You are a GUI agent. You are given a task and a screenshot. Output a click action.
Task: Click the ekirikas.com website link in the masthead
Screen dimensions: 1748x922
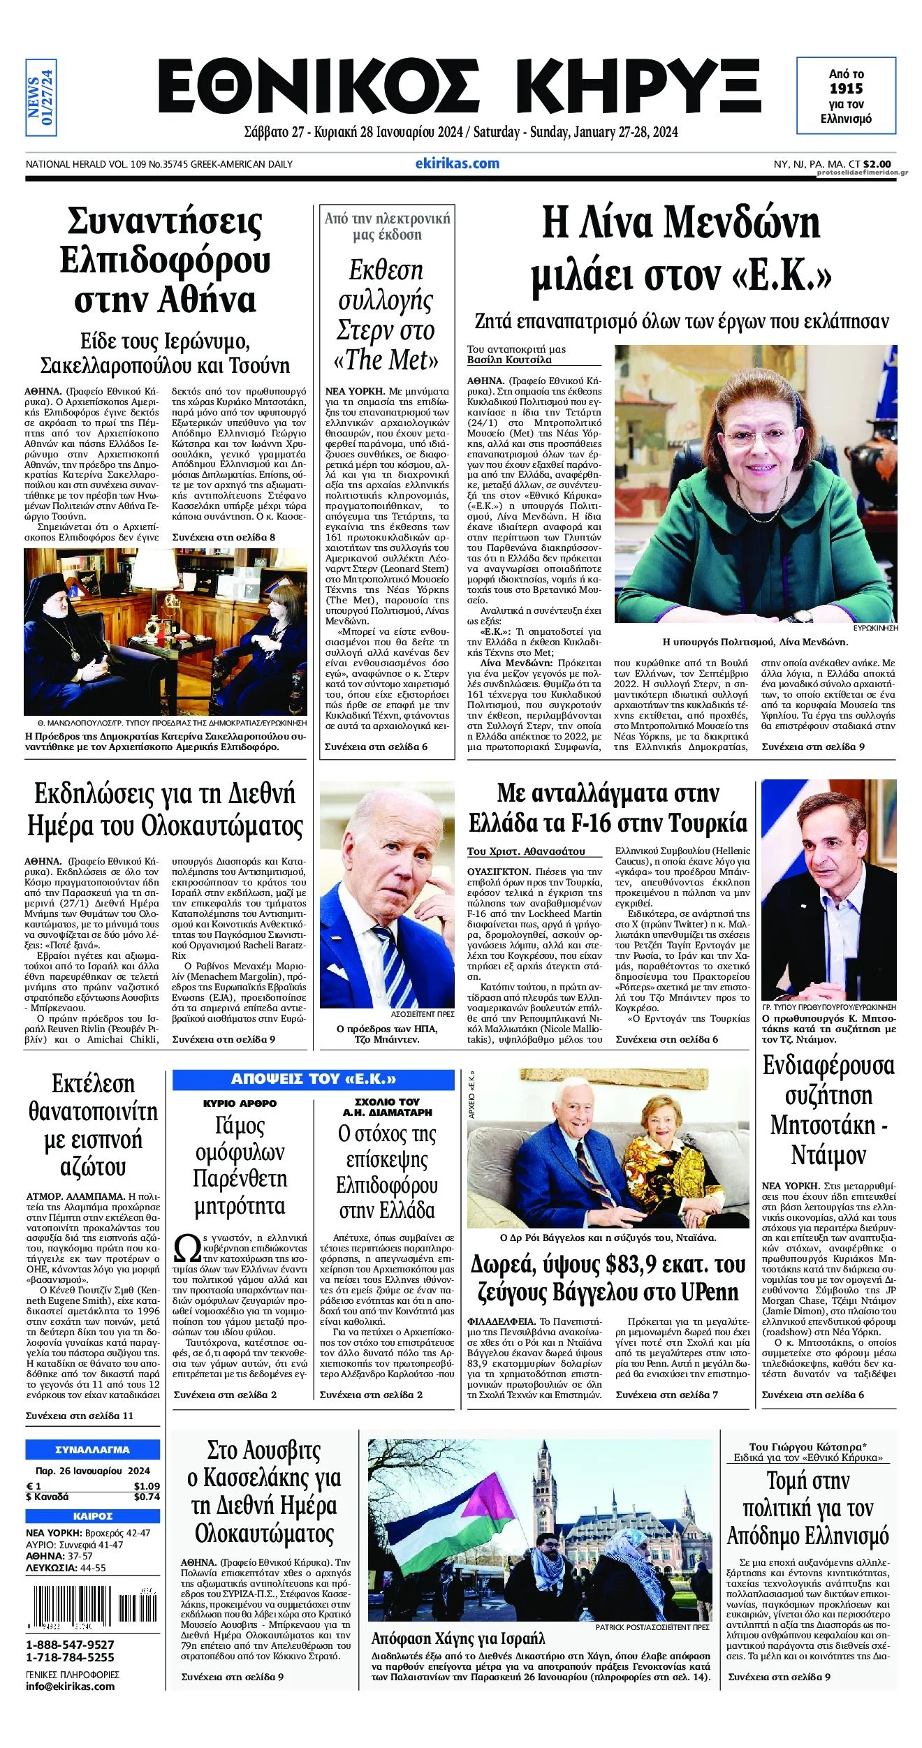(457, 163)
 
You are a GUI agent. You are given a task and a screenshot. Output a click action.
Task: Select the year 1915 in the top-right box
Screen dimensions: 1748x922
(846, 89)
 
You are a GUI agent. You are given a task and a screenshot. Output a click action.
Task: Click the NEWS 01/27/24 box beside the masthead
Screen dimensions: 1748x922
(41, 97)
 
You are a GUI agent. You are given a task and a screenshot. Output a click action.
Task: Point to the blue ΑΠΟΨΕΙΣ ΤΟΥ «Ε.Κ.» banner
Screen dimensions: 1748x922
(313, 1079)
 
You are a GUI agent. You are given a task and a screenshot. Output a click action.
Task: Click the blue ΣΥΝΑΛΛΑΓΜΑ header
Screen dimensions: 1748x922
(92, 1450)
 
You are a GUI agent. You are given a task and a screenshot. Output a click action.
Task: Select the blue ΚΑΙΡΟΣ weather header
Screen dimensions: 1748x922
(92, 1516)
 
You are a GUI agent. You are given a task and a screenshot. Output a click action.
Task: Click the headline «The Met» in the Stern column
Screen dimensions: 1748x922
(386, 360)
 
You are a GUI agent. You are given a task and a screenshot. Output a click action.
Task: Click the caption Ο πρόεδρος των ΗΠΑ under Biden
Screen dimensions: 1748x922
(386, 1029)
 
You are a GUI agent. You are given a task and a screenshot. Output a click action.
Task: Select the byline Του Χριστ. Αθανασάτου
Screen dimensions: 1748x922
(525, 851)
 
